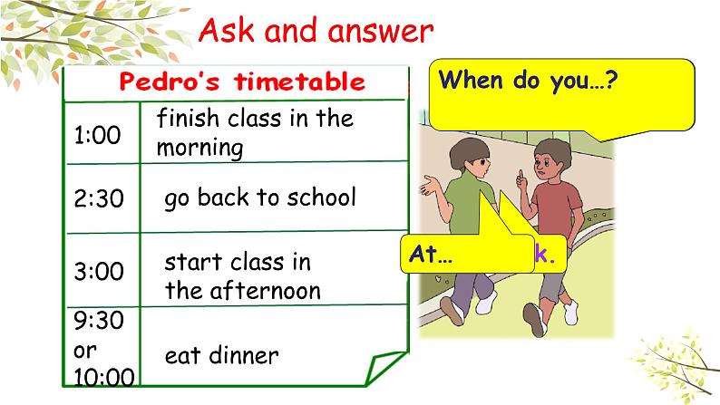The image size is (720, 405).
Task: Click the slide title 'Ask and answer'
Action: [x=315, y=32]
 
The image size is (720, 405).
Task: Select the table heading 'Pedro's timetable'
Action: [x=242, y=82]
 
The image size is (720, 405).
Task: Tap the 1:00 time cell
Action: [x=97, y=136]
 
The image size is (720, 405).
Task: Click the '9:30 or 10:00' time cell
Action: [x=100, y=348]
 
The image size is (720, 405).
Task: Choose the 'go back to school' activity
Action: [x=260, y=198]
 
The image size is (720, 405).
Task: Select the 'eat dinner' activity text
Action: [x=221, y=355]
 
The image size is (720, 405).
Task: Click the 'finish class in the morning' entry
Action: [x=254, y=132]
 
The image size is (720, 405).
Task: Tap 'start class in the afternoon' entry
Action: [x=242, y=275]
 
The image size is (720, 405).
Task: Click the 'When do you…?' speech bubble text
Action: [x=528, y=79]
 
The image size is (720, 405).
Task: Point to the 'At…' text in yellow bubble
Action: [x=431, y=255]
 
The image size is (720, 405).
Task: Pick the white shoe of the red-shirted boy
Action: [x=569, y=313]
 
